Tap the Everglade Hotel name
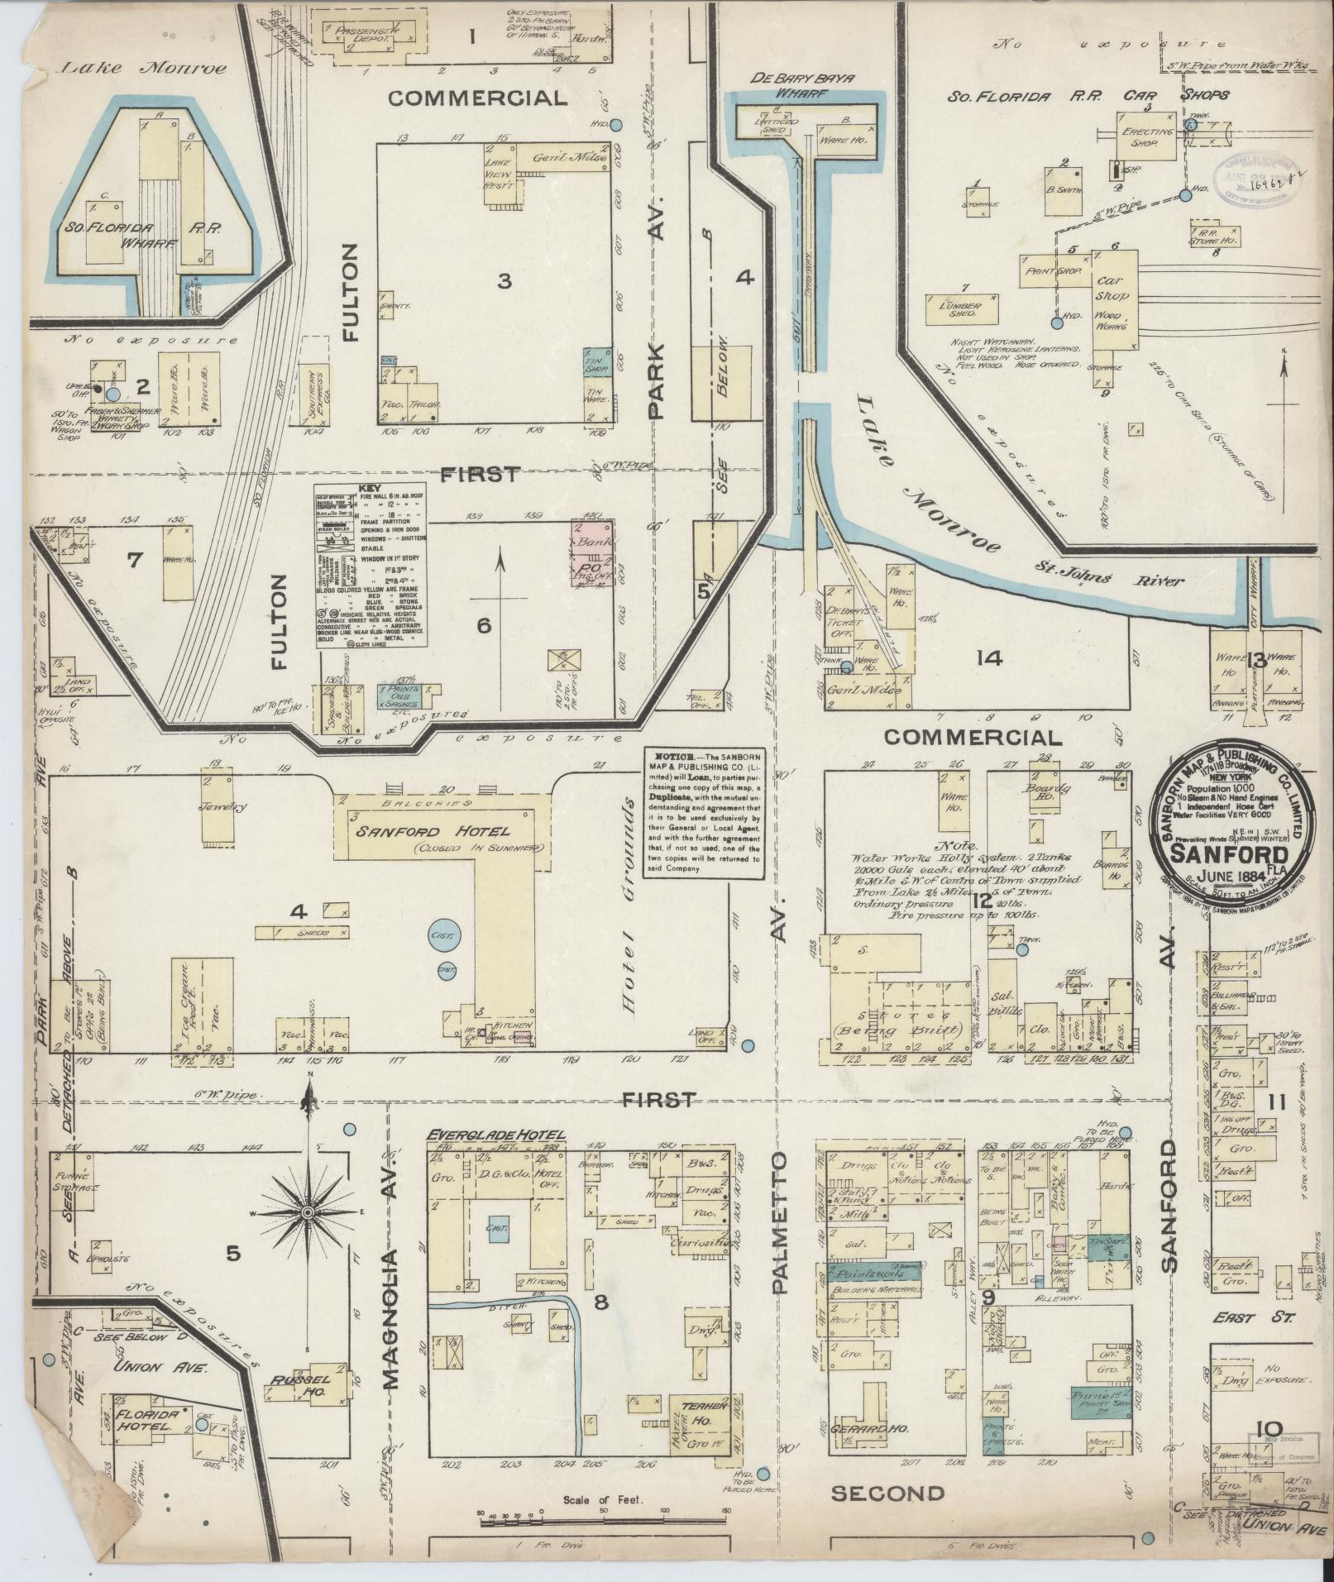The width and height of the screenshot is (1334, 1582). tap(495, 1135)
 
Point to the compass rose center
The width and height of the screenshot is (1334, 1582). tap(307, 1212)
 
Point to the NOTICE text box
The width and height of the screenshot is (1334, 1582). tap(702, 814)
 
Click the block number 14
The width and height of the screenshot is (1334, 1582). tap(988, 658)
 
